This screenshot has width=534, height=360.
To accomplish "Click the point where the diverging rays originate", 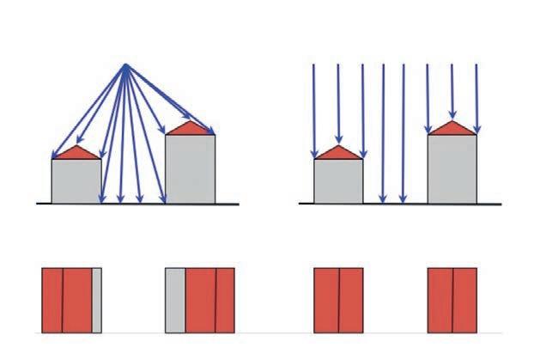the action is [126, 65].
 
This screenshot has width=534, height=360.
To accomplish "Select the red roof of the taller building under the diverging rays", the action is [190, 129].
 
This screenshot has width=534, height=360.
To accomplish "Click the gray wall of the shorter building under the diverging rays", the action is [76, 180].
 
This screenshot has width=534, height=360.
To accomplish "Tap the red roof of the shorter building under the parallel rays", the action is [338, 154].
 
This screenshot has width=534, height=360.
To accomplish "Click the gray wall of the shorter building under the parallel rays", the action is [338, 180].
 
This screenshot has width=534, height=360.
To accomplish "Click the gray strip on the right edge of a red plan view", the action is [97, 299].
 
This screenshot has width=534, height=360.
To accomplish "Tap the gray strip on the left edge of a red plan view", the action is [175, 299].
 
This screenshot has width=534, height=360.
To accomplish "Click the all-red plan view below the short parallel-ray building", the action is [338, 299].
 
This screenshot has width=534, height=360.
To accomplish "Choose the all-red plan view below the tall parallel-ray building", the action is [452, 299].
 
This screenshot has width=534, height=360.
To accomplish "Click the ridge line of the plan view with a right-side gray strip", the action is [63, 299].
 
